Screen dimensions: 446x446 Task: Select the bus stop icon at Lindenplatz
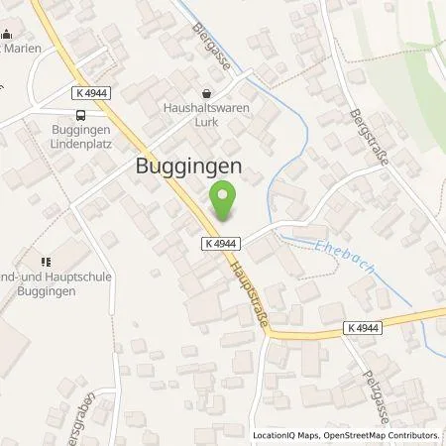click(x=79, y=115)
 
